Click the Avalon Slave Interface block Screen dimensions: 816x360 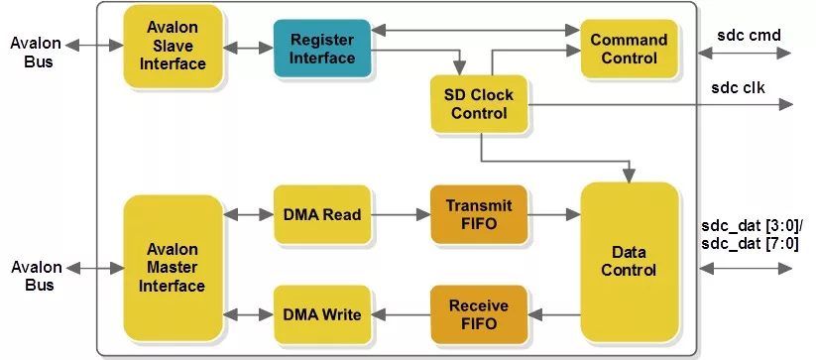pos(173,47)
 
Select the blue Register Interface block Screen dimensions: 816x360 pos(322,49)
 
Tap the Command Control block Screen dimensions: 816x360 pos(629,49)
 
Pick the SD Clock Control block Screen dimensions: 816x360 pos(479,103)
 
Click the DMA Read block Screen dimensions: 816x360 pos(322,214)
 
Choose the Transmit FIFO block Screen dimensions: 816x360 pos(479,214)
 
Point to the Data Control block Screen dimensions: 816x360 pos(630,262)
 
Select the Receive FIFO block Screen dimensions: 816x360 pos(479,314)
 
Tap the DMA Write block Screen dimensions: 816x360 pos(322,314)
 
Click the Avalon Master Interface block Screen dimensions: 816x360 pos(173,268)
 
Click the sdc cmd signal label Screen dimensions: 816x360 pos(749,35)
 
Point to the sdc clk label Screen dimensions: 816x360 pos(738,88)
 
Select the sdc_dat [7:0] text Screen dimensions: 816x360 pos(750,244)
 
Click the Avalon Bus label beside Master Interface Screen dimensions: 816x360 pos(37,277)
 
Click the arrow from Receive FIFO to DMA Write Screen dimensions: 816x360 pos(401,314)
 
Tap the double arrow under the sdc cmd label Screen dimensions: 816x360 pos(745,53)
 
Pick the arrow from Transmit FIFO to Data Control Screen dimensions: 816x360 pos(553,214)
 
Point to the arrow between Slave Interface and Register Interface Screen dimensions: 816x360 pos(248,49)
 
